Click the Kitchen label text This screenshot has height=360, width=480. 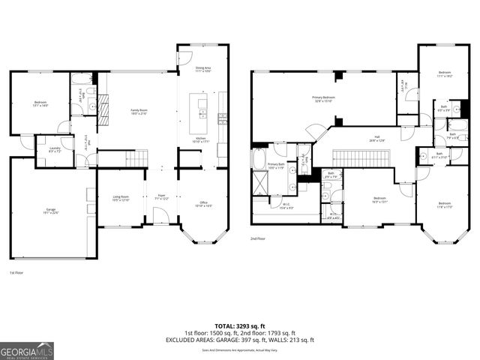pyautogui.click(x=200, y=139)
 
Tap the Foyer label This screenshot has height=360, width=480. pyautogui.click(x=161, y=196)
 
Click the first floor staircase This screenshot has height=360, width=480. pyautogui.click(x=137, y=158)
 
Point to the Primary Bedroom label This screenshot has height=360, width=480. pyautogui.click(x=324, y=99)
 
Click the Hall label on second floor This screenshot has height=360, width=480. pyautogui.click(x=376, y=138)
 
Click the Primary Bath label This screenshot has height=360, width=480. pyautogui.click(x=276, y=166)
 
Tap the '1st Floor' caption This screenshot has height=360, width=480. pyautogui.click(x=16, y=272)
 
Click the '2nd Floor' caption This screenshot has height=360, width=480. pyautogui.click(x=259, y=239)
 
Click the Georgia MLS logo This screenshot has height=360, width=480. pyautogui.click(x=26, y=349)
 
